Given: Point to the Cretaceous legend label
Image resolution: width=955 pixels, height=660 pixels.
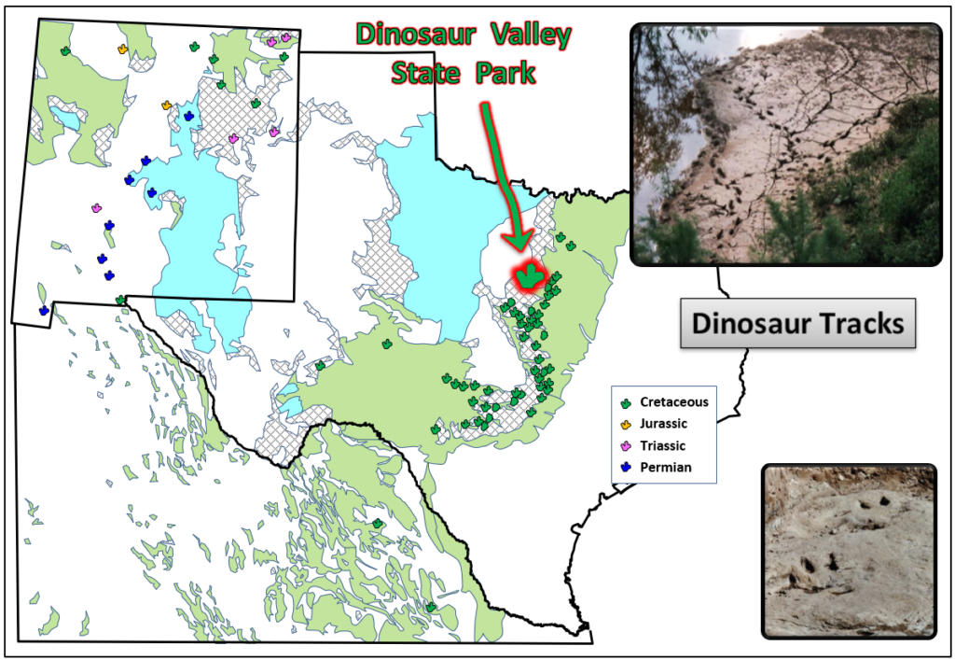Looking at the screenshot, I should (673, 402).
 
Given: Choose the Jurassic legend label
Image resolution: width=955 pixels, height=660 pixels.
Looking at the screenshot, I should (663, 424).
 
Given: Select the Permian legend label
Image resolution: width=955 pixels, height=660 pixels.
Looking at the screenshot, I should (665, 467).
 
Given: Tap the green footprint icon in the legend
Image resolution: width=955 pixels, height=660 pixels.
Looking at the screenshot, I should (627, 403).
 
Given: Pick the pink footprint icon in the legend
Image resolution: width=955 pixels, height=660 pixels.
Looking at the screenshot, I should (627, 446).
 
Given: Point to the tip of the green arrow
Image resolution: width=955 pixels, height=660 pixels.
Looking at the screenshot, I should (518, 250).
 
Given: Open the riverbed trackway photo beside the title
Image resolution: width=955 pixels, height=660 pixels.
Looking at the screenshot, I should (785, 143).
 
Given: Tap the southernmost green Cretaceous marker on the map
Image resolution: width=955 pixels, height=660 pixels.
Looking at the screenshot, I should (431, 607).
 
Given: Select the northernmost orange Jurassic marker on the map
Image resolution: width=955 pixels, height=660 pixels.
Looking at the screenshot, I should (123, 49).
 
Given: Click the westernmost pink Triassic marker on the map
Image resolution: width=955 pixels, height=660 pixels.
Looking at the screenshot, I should (96, 208).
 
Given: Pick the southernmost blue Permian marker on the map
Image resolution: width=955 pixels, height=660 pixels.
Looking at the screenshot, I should (44, 310).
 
